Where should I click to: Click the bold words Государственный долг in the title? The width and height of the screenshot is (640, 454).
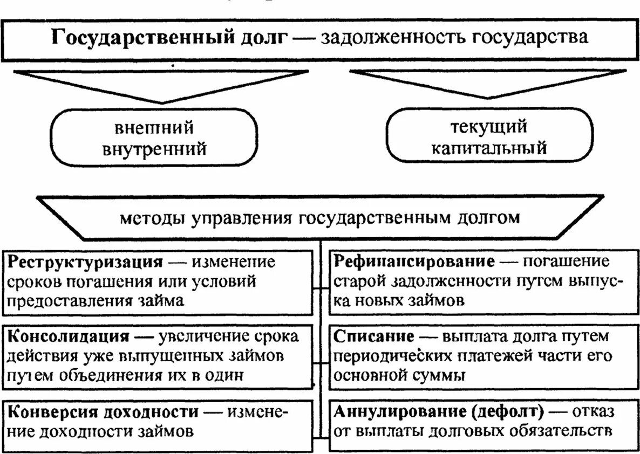tap(167, 38)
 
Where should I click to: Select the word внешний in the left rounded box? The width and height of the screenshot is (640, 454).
tap(154, 128)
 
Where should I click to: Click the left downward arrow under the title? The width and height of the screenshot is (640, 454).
tap(162, 86)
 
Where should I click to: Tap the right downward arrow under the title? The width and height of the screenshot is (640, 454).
tap(488, 84)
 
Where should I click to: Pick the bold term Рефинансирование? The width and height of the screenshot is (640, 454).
tap(414, 262)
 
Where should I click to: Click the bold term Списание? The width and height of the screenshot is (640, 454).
tap(374, 336)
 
